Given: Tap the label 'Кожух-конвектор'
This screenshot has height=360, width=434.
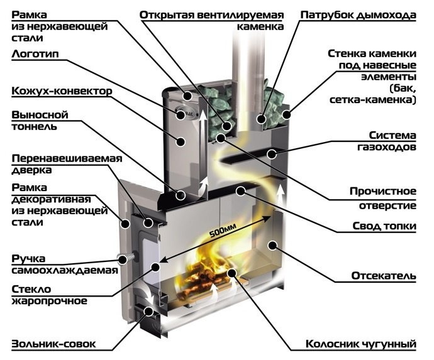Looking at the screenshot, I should point(62,91).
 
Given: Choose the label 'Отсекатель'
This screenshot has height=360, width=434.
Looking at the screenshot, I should point(382,276).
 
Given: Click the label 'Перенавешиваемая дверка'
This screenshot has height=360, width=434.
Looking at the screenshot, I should point(65,163).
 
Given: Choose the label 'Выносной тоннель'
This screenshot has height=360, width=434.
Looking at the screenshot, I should point(40,121).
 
